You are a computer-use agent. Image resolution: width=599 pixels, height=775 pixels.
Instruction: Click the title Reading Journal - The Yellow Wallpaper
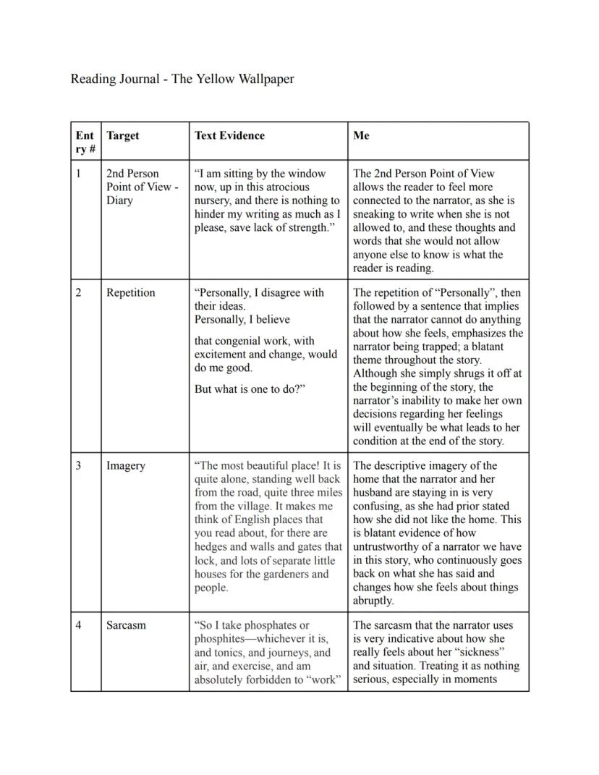coord(182,79)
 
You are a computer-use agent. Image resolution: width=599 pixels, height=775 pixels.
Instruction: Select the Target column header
coord(122,135)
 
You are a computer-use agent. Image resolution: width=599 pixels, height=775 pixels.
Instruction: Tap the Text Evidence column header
coord(229,135)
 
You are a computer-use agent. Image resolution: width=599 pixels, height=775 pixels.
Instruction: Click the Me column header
coord(361,135)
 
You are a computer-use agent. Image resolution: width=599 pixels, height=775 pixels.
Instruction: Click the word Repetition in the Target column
coord(130,293)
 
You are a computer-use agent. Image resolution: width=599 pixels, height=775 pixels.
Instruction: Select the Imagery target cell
coord(125,466)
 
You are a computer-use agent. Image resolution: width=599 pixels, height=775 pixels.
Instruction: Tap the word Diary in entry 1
coord(119,200)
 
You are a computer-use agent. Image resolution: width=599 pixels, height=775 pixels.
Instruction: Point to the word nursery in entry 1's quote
coord(215,200)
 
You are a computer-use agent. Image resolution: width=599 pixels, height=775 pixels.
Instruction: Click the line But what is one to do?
coord(250,389)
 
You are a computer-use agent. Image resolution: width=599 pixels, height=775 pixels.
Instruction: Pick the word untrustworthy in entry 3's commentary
coord(388,547)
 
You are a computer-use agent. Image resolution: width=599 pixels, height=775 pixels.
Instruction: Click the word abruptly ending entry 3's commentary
coord(373,601)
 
